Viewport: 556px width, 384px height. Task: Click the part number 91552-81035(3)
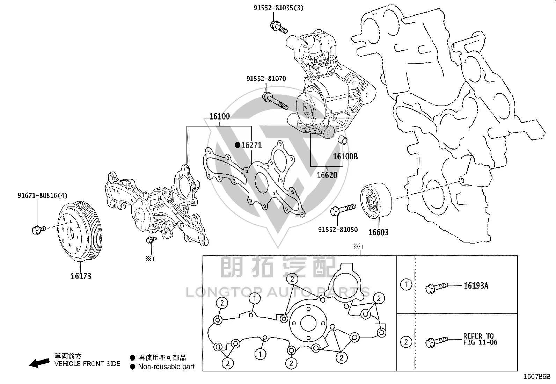click(x=278, y=8)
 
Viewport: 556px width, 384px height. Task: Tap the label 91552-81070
click(x=266, y=79)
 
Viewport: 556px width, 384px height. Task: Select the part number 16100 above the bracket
click(x=219, y=116)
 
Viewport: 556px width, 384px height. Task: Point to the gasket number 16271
click(x=251, y=145)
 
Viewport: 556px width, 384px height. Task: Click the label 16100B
click(x=345, y=157)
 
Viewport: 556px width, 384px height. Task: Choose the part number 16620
click(x=327, y=175)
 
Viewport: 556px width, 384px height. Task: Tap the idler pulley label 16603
click(x=378, y=232)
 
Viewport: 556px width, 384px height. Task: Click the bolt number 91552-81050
click(x=338, y=230)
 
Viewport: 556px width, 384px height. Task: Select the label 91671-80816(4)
click(x=43, y=195)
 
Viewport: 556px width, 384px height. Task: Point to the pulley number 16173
click(x=81, y=276)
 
